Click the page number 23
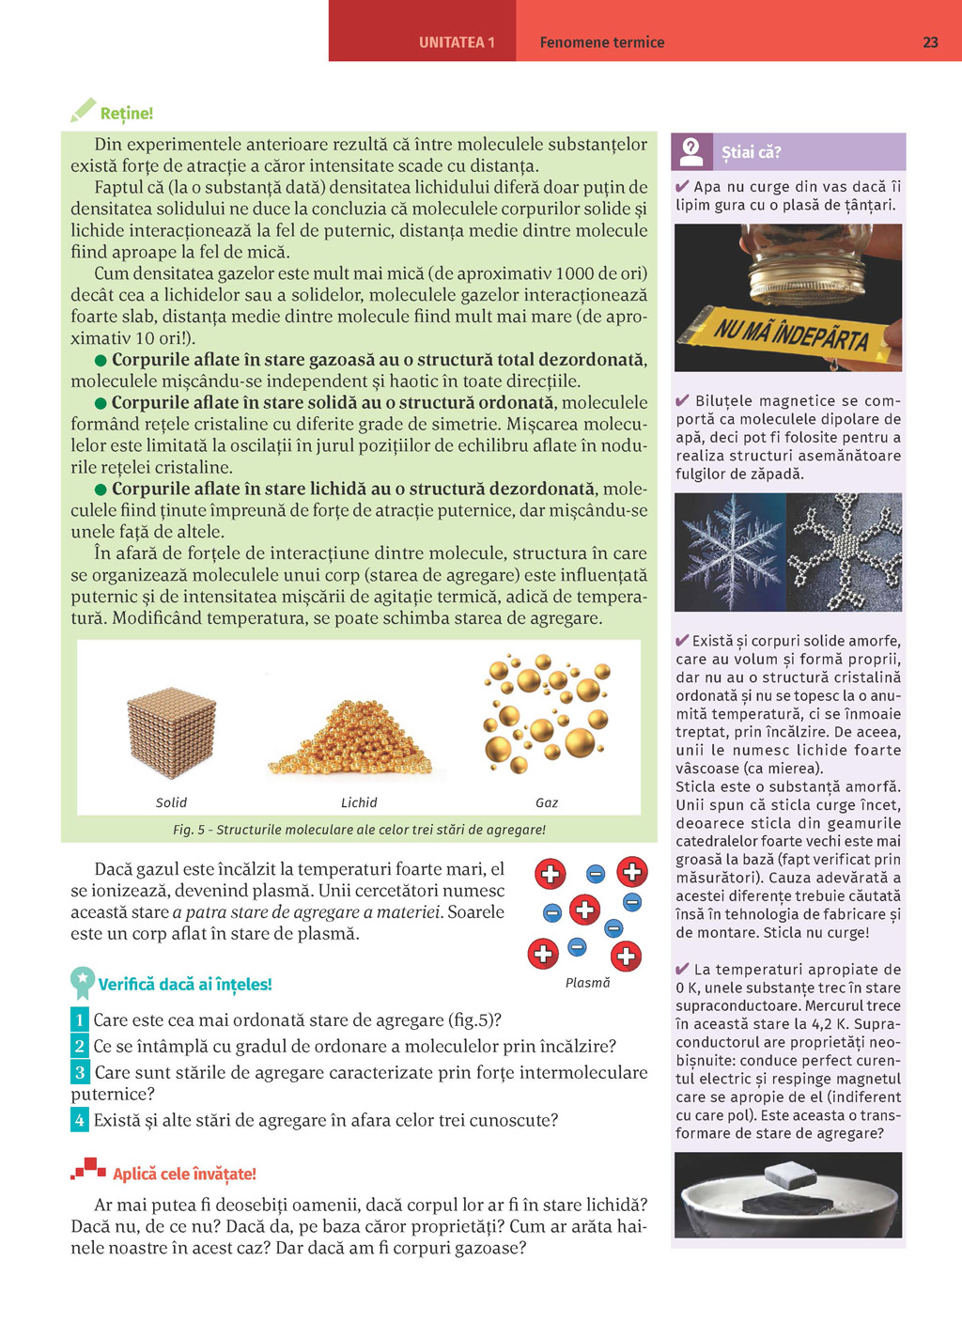tap(930, 42)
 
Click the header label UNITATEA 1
tap(457, 42)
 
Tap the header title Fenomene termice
tap(602, 42)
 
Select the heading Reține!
tap(127, 114)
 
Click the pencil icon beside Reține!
tap(83, 111)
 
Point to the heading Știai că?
tap(752, 152)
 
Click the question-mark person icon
tap(691, 150)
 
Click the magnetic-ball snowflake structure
tap(844, 552)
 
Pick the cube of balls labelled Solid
tap(171, 733)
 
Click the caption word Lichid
tap(359, 802)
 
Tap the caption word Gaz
tap(547, 802)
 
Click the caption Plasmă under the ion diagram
tap(587, 983)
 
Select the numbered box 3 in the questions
tap(80, 1072)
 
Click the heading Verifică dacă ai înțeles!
tap(185, 985)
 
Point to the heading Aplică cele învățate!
tap(184, 1175)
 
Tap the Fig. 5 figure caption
tap(359, 830)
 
